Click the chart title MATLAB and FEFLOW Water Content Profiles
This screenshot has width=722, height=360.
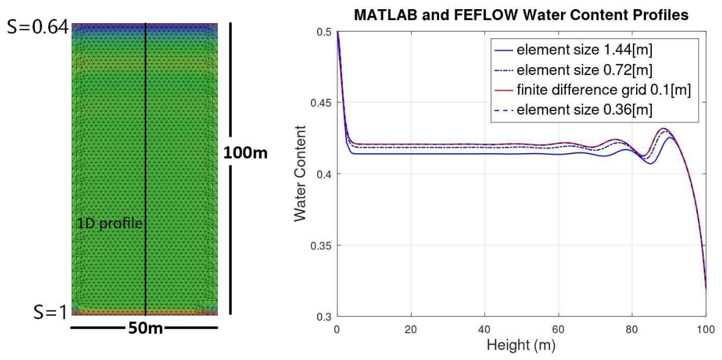click(521, 16)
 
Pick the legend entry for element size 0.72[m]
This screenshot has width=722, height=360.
click(573, 70)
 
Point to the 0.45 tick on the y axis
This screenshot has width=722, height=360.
click(322, 103)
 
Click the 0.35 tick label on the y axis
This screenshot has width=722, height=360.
click(322, 245)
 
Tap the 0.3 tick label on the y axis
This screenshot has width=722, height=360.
click(325, 317)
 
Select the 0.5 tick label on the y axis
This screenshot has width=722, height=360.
click(325, 31)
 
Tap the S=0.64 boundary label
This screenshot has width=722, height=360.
click(37, 29)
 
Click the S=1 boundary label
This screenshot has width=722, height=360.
click(51, 312)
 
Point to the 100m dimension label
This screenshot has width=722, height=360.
click(245, 153)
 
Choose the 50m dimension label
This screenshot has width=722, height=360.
click(144, 328)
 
